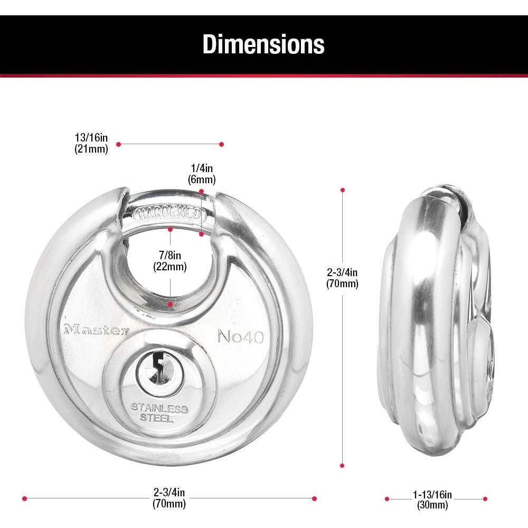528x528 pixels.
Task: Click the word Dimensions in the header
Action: tap(263, 44)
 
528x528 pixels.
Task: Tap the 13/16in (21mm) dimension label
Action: tap(91, 143)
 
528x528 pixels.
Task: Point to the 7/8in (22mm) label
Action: tap(170, 261)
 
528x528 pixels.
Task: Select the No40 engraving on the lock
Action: tap(240, 336)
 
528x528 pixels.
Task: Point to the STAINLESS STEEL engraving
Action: tap(159, 413)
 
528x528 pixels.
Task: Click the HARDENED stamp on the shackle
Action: tap(169, 214)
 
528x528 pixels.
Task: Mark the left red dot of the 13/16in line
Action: tap(119, 144)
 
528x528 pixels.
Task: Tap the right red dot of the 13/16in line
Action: tap(222, 144)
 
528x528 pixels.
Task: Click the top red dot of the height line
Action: tap(343, 190)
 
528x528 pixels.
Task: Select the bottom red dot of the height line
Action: tap(343, 466)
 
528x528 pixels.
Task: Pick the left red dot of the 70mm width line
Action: tap(24, 498)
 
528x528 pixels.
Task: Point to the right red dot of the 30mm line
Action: tap(485, 498)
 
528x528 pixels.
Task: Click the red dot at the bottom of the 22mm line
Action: tap(170, 305)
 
